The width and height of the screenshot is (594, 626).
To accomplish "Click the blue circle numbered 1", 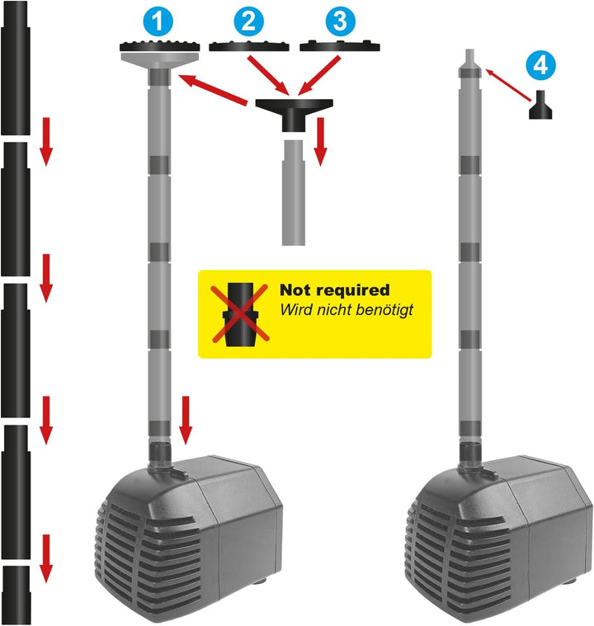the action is click(158, 21).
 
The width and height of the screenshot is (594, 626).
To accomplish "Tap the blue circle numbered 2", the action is click(248, 21).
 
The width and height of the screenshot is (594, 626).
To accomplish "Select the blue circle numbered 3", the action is click(341, 21).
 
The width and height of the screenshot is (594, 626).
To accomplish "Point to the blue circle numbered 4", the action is click(540, 64).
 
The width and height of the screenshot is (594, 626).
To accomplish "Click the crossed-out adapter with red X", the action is click(240, 313).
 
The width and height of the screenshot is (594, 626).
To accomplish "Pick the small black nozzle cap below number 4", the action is click(540, 105).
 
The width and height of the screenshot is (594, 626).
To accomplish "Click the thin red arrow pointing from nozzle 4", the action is click(508, 85).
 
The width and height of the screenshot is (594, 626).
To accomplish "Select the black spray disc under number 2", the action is click(249, 46).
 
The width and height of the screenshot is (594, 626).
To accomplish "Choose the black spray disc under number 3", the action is click(340, 46).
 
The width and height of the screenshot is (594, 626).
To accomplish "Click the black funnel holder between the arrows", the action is click(294, 115).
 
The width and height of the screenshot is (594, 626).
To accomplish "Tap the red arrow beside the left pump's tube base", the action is click(186, 420).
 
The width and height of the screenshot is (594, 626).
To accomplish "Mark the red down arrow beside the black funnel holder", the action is click(320, 141).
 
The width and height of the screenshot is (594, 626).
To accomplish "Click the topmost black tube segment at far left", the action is click(15, 68).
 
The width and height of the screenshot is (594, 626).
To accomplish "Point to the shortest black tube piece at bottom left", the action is click(16, 595).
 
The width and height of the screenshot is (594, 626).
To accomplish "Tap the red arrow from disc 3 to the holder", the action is click(318, 75).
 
